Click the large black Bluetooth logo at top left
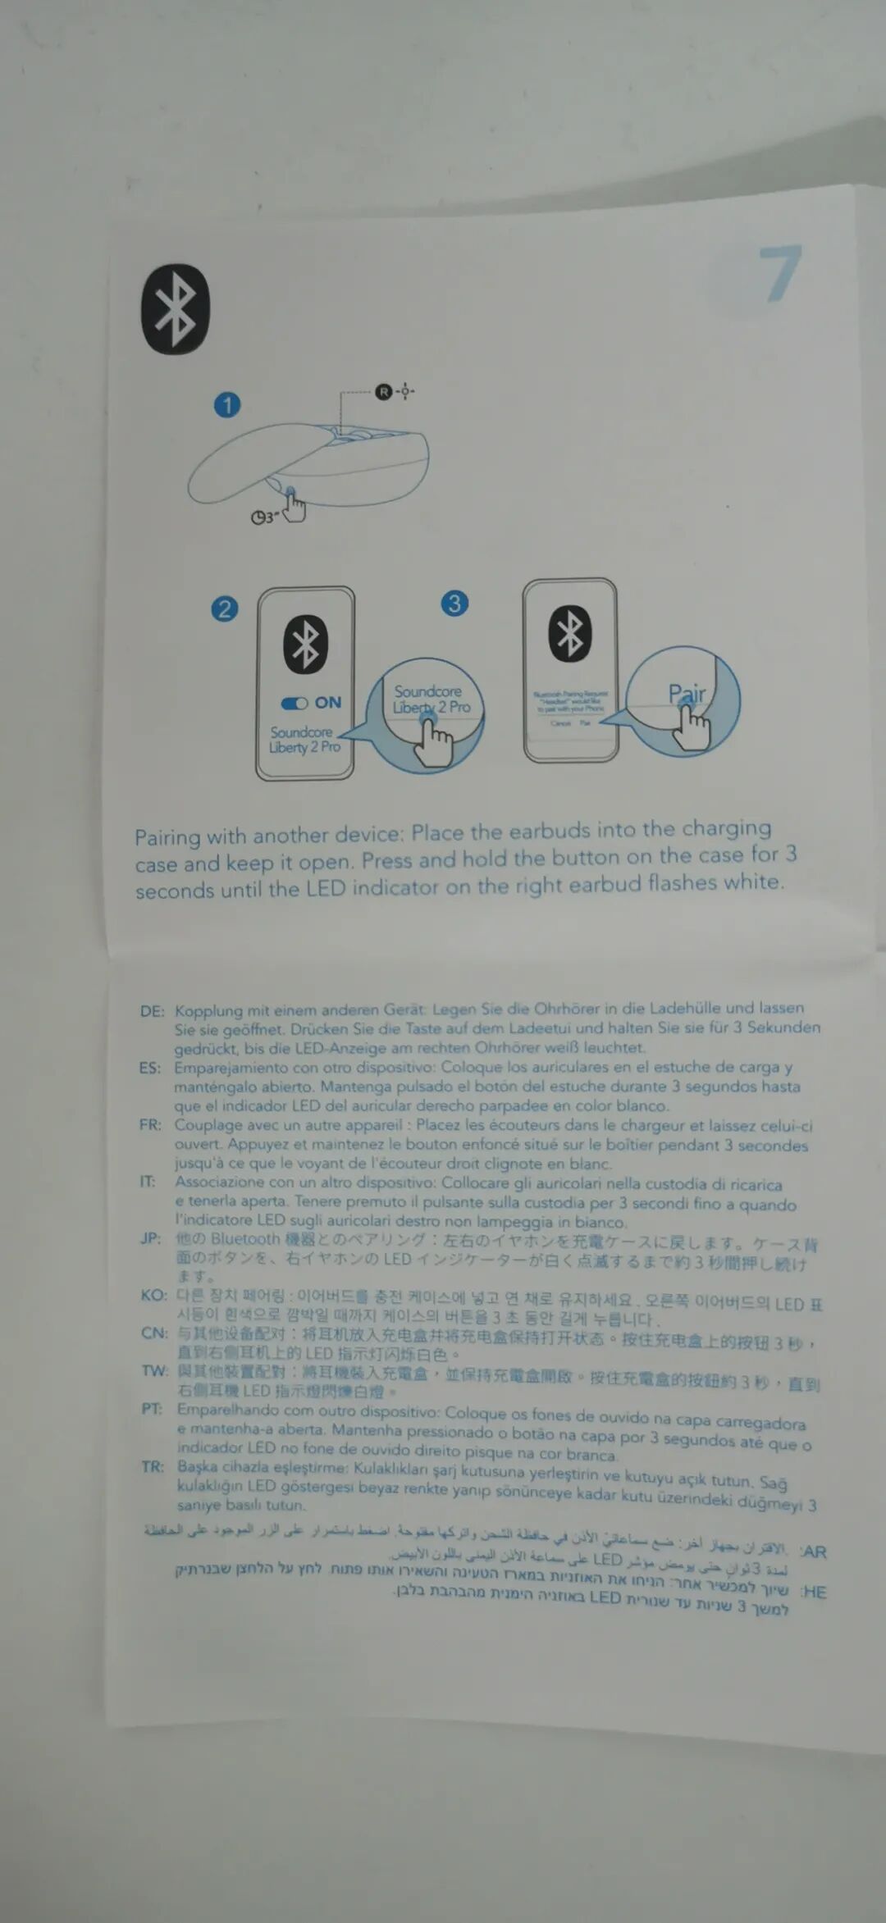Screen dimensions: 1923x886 (x=176, y=309)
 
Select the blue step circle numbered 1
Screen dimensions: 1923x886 (x=227, y=404)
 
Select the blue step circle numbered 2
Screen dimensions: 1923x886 (x=225, y=608)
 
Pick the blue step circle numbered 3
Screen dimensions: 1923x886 (x=454, y=604)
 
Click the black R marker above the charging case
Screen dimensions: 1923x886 (x=383, y=391)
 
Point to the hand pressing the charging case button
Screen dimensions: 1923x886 (x=294, y=506)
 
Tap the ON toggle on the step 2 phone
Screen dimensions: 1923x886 (x=295, y=703)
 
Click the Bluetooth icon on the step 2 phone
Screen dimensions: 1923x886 (x=306, y=644)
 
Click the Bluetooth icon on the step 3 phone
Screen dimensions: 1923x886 (x=570, y=633)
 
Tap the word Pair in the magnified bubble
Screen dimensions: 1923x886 (x=687, y=694)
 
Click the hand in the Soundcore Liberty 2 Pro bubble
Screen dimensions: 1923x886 (x=432, y=740)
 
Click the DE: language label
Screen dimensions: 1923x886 (x=152, y=1011)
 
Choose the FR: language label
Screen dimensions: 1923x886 (x=150, y=1124)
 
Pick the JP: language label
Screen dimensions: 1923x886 (x=151, y=1237)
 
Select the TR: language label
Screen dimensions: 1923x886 (x=153, y=1466)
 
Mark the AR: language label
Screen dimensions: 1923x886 (x=814, y=1552)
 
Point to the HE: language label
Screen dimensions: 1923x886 (x=814, y=1592)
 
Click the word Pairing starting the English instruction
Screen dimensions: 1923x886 (x=167, y=837)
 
